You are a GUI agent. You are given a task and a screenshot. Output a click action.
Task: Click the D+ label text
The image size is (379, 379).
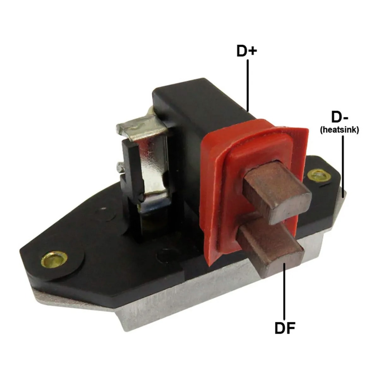[247, 51]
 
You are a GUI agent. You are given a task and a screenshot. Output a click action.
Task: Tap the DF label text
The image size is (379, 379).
[285, 328]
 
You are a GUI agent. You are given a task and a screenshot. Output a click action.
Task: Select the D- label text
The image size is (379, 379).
[340, 117]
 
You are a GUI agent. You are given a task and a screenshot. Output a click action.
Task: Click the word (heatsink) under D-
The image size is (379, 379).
[340, 130]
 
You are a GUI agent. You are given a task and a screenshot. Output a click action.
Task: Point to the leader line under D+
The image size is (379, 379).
[248, 85]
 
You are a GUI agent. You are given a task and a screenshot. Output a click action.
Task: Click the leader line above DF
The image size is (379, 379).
[285, 291]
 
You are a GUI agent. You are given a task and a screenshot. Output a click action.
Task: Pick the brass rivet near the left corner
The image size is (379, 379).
[54, 260]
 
